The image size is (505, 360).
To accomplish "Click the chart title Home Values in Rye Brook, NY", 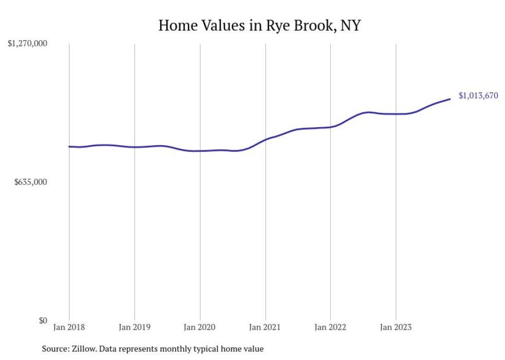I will point(259,25).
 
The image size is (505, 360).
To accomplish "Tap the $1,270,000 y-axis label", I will point(27,44).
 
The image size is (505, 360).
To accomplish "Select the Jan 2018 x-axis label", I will point(69,327).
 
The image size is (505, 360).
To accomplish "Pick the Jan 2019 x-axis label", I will point(134,327).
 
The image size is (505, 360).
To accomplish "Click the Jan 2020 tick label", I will point(200,327).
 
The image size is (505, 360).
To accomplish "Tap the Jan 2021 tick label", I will point(265,327).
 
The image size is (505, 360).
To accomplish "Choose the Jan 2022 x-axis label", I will point(330,327).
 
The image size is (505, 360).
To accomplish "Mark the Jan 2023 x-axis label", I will point(396,327).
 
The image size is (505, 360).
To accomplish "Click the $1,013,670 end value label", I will point(478,95).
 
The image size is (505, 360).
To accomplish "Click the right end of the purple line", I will point(450,99).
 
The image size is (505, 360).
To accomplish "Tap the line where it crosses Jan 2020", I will point(200,151).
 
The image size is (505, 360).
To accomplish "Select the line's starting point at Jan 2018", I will point(70,147).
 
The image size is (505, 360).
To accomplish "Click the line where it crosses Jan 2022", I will point(330,127).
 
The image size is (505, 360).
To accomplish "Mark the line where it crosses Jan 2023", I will point(396,114).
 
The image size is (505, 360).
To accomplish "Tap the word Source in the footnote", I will point(55,349).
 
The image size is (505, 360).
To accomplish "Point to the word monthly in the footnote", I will point(190,349).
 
